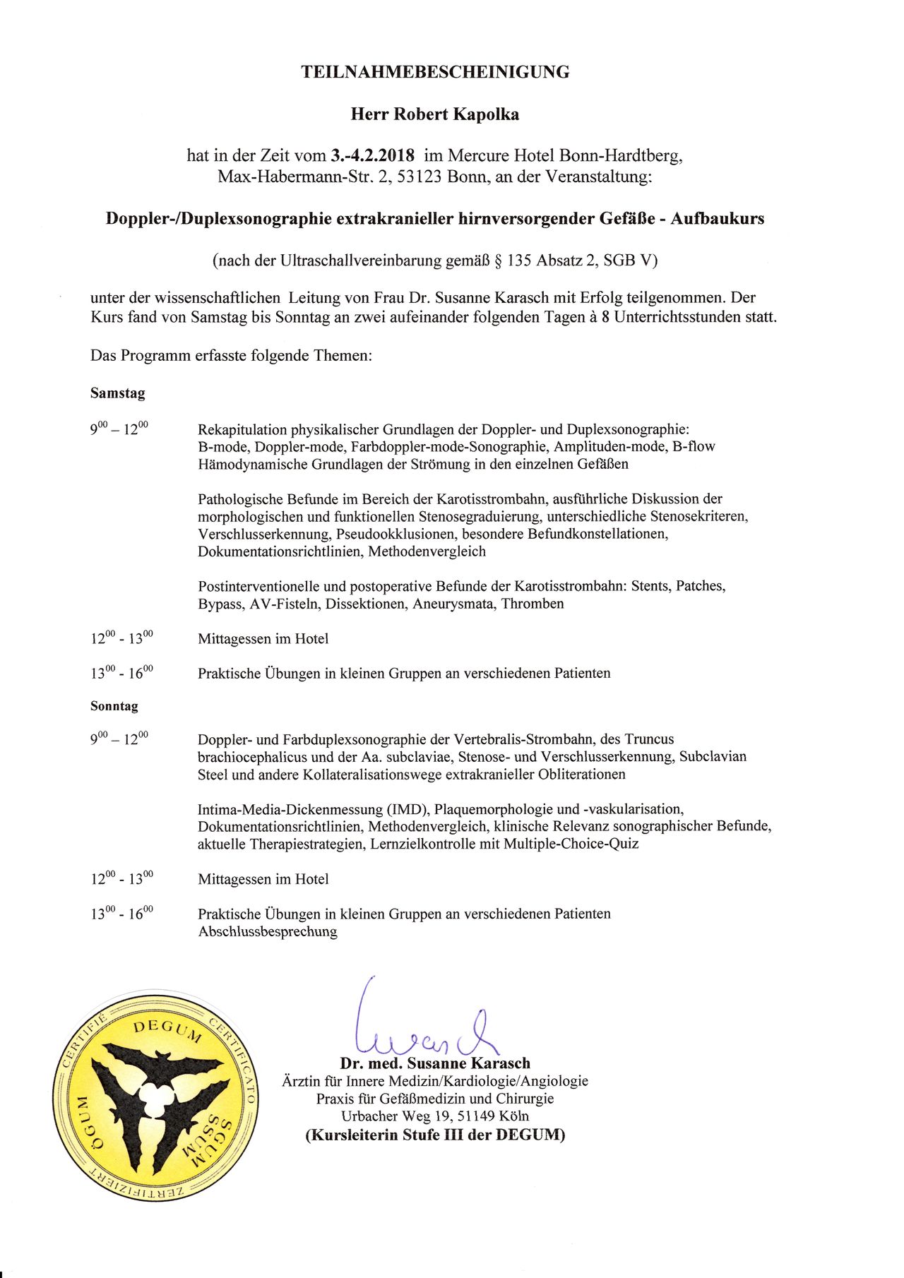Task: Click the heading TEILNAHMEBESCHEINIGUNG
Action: [435, 72]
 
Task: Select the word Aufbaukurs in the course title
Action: [717, 219]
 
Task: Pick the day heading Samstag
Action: [117, 393]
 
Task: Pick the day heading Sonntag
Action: [114, 706]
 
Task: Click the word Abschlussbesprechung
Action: [267, 932]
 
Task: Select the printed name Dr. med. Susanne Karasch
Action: [434, 1063]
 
